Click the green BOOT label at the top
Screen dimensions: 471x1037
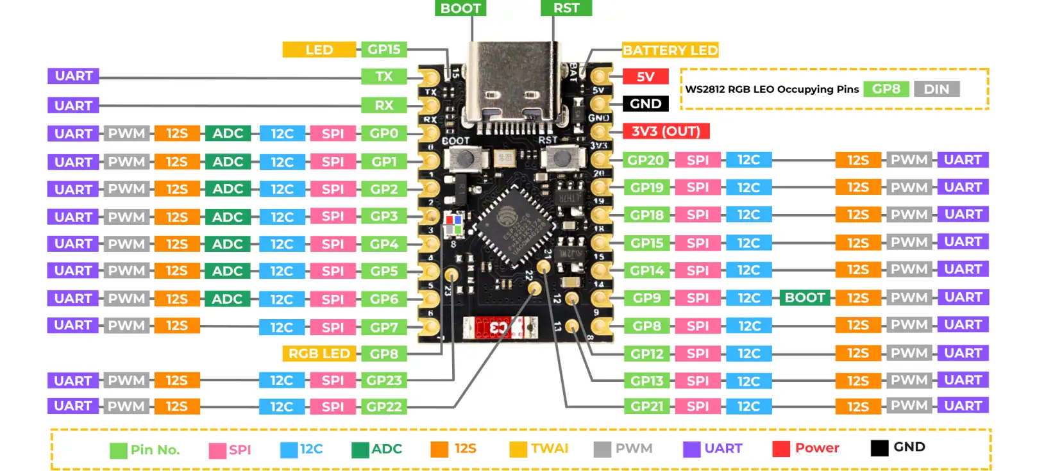(460, 8)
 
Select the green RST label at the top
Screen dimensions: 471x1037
(566, 8)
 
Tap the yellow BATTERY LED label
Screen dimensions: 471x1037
(670, 50)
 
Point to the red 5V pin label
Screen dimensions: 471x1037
(645, 77)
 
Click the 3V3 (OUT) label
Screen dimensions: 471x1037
(666, 131)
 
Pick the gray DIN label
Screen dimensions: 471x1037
(936, 89)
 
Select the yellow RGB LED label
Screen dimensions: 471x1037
(319, 354)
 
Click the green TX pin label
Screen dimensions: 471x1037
(384, 76)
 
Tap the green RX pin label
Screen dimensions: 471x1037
(384, 105)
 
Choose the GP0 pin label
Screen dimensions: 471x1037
(384, 133)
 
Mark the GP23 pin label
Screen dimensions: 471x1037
(384, 381)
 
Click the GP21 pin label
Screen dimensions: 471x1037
(646, 406)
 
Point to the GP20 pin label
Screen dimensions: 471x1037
(646, 160)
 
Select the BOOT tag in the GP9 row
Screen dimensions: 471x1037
(804, 298)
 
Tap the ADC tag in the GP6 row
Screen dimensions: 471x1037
(227, 299)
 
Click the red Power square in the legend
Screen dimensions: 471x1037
(780, 449)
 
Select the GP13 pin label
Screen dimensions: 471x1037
(646, 381)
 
